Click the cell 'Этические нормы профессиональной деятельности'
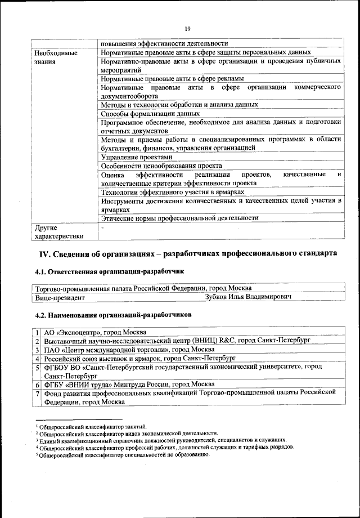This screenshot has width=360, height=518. (179, 218)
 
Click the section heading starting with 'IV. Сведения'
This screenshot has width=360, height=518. (187, 254)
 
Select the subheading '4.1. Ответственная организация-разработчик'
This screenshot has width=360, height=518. (109, 272)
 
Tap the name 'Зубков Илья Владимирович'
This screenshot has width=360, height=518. (248, 296)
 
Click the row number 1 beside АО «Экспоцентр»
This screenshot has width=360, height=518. (37, 333)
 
